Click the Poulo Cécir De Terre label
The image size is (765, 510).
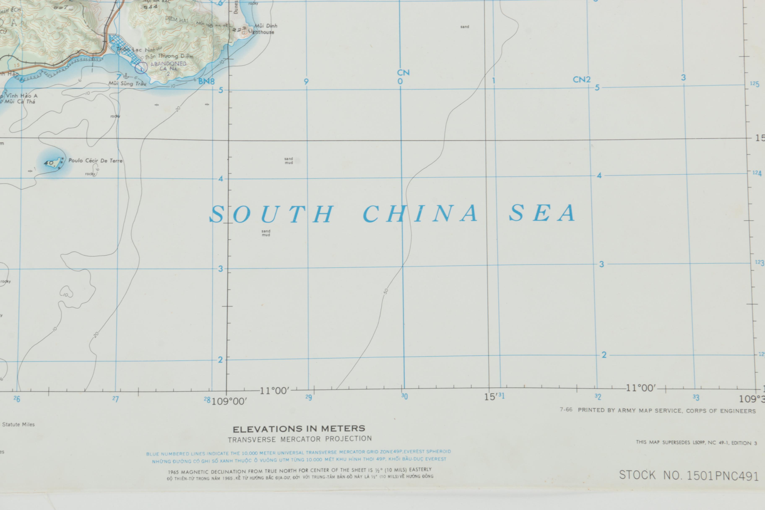[95, 161]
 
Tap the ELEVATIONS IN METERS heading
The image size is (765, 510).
[299, 429]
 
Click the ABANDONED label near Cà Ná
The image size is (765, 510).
[168, 64]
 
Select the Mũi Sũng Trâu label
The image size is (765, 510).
[127, 84]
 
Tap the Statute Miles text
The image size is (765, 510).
[18, 424]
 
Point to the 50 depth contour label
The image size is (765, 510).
[386, 291]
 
